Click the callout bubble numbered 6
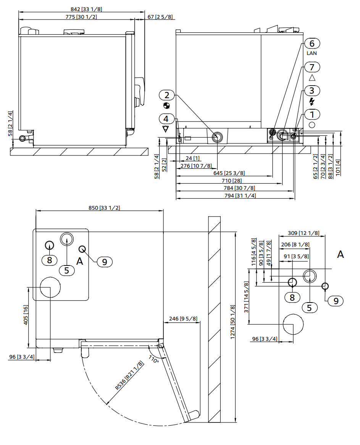(312, 44)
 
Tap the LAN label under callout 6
(312, 53)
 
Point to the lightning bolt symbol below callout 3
(312, 101)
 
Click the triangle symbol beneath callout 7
(312, 78)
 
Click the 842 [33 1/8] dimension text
(81, 9)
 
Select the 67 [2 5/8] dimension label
(160, 17)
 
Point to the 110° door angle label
(153, 360)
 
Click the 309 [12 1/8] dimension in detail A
(303, 233)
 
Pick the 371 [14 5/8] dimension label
(246, 297)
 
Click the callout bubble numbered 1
(312, 114)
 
